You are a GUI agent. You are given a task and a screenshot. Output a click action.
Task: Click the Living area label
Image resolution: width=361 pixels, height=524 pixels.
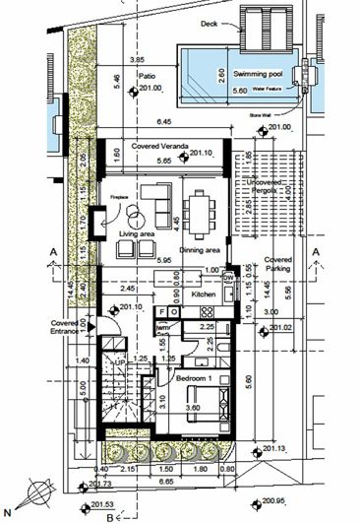138,233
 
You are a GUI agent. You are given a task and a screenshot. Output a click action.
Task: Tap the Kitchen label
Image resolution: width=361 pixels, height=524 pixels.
203,295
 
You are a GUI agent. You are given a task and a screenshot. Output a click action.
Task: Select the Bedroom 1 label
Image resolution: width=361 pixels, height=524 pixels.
195,378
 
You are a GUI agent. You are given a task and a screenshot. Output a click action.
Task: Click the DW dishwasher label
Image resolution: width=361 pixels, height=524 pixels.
228,279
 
